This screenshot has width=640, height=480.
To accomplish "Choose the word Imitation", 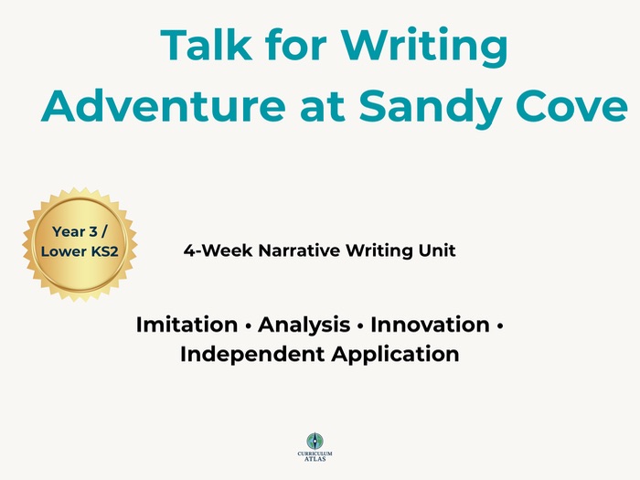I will [187, 325].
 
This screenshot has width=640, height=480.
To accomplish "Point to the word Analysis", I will [303, 325].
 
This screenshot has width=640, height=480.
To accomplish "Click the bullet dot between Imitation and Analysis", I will [247, 325].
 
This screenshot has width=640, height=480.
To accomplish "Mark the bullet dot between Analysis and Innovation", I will [358, 325].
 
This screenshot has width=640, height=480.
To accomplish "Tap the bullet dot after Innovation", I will [500, 325].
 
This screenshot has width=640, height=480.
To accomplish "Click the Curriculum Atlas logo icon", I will [315, 441].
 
